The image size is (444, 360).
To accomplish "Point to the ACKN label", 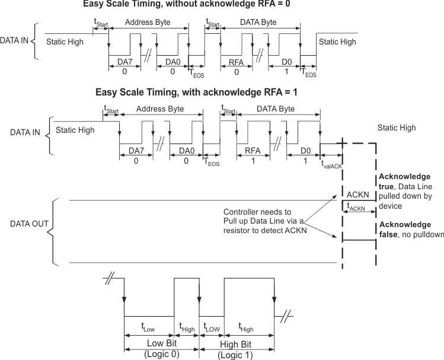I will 358,195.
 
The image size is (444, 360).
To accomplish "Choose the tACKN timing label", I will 357,208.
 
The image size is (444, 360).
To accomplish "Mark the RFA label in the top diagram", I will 237,62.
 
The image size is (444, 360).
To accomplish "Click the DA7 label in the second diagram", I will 136,151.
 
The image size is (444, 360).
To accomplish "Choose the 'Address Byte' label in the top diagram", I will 146,22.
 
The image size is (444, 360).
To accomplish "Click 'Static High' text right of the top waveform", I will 337,42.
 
